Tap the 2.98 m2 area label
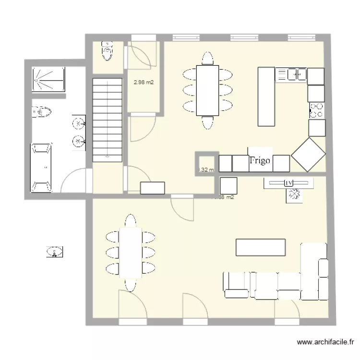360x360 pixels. pos(144,83)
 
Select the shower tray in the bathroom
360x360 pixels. pos(48,78)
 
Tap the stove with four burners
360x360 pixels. pos(316,110)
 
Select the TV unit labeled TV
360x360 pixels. pos(288,182)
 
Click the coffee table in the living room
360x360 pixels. pos(261,247)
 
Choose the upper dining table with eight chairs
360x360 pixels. pos(207,90)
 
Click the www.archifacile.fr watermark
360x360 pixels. pos(326,343)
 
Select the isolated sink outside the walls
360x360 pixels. pos(56,251)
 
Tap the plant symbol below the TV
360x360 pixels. pos(294,194)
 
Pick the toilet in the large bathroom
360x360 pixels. pos(42,113)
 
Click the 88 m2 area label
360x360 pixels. pos(225,197)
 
